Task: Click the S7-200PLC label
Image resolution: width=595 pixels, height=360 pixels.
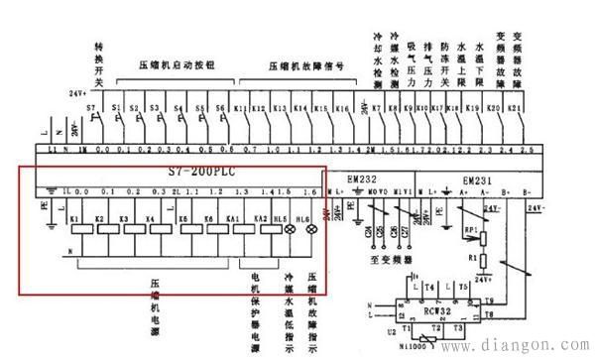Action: tap(210, 170)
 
